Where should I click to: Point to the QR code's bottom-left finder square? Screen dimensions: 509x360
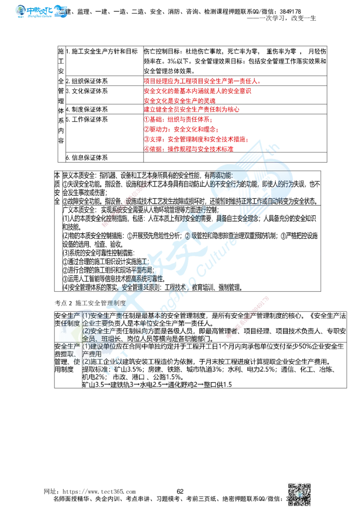tap(291, 500)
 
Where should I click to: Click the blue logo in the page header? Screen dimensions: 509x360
tap(41, 10)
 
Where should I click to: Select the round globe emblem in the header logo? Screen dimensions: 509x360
tap(20, 11)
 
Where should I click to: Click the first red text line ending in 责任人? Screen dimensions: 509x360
tap(202, 81)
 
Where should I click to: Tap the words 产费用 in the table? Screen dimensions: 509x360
tap(92, 354)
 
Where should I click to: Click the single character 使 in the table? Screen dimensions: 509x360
tap(77, 362)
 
